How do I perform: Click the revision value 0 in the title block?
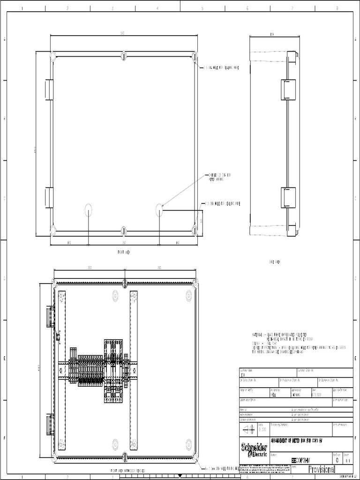click(x=337, y=460)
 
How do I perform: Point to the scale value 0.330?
click(x=262, y=430)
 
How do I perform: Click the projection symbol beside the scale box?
click(x=248, y=430)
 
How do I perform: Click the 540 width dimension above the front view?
click(x=122, y=33)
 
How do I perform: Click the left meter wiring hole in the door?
click(x=89, y=210)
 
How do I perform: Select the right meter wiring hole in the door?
click(x=159, y=210)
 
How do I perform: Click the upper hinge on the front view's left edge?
click(x=48, y=90)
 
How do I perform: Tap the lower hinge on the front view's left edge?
click(x=48, y=197)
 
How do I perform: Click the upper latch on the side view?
click(x=287, y=90)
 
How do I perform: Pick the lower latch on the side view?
click(x=287, y=197)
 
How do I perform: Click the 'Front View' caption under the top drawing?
click(x=123, y=252)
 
